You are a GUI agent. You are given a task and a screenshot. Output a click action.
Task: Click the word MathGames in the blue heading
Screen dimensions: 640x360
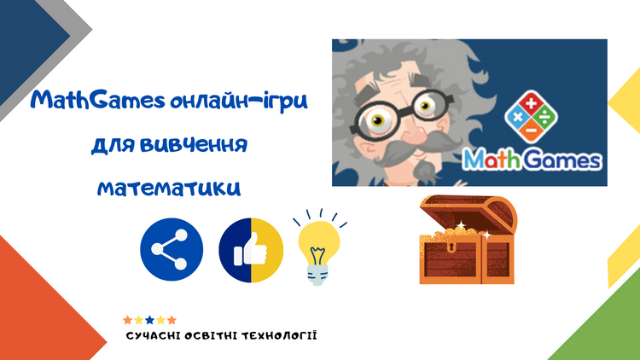(97, 101)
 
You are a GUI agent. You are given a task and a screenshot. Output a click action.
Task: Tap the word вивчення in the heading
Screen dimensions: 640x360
(194, 145)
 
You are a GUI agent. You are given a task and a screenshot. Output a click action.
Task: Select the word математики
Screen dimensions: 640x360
(169, 189)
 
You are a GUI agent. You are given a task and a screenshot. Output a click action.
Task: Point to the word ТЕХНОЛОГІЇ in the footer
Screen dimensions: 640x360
(279, 336)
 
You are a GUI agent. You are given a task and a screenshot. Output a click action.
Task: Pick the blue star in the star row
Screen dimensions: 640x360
(150, 320)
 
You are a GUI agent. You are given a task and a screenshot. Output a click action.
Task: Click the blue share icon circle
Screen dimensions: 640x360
(172, 249)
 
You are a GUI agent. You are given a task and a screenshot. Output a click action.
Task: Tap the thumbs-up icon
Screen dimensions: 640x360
(251, 250)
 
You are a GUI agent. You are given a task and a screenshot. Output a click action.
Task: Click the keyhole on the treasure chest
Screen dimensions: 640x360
(451, 247)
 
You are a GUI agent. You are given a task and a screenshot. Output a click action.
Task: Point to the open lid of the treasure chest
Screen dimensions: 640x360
(469, 214)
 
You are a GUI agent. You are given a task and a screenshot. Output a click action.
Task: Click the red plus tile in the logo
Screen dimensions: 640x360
(531, 103)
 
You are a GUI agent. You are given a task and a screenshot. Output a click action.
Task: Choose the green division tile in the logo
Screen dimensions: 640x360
(544, 117)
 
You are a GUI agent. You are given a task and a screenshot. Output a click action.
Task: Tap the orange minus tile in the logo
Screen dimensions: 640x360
(531, 131)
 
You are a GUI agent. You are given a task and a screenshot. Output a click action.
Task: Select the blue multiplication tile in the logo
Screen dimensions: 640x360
(517, 117)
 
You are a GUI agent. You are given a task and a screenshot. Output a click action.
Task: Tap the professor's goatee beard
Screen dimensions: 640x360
(424, 172)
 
